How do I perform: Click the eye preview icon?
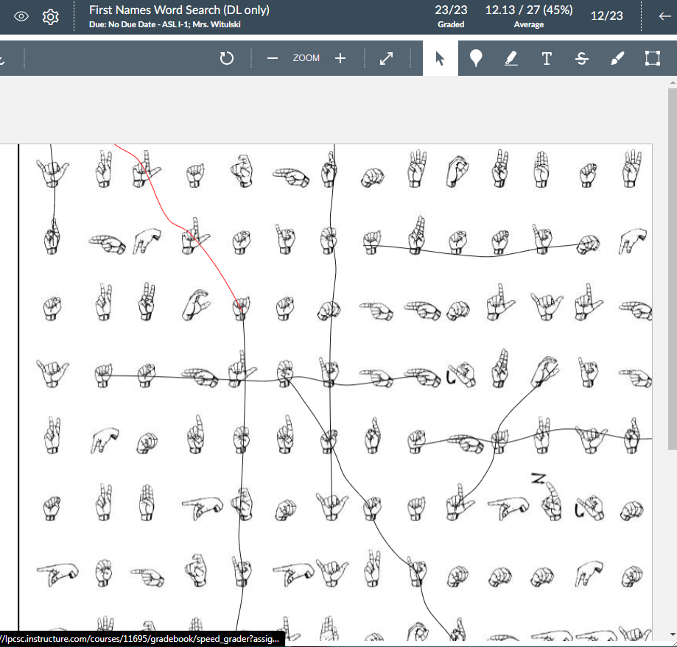point(21,16)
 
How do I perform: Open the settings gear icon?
point(50,16)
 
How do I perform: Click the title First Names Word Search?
point(179,10)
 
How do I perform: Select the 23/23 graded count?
point(451,10)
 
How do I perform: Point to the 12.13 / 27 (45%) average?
point(528,10)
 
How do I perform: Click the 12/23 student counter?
point(606,15)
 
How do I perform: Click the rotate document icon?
point(227,58)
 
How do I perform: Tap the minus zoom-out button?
point(273,58)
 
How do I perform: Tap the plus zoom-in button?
point(340,58)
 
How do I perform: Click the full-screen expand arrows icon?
point(386,58)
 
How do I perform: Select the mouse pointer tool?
point(441,58)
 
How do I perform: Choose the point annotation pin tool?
point(476,58)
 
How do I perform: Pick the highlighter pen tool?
point(511,58)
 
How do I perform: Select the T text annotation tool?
point(547,58)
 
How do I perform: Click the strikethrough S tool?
point(582,58)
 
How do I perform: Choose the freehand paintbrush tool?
point(617,58)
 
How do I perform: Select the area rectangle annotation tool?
point(653,58)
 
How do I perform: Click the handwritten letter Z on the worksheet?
point(539,479)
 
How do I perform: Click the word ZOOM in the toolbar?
point(306,58)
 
